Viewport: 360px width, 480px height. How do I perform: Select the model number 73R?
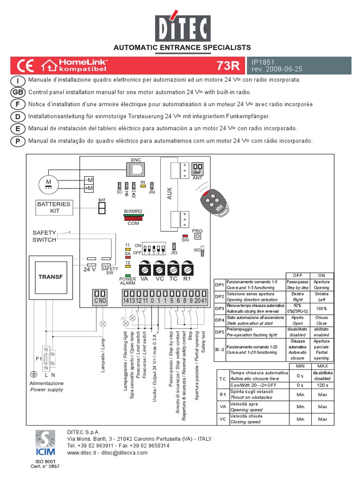pyautogui.click(x=228, y=65)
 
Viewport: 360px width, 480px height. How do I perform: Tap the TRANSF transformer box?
pyautogui.click(x=50, y=277)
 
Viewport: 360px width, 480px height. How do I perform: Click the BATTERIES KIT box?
pyautogui.click(x=54, y=207)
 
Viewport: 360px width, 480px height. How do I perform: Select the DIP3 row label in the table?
pyautogui.click(x=219, y=308)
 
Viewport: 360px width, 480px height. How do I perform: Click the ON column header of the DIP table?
pyautogui.click(x=322, y=276)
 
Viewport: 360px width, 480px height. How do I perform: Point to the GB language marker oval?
pyautogui.click(x=18, y=92)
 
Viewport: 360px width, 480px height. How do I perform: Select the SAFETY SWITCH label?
pyautogui.click(x=44, y=236)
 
